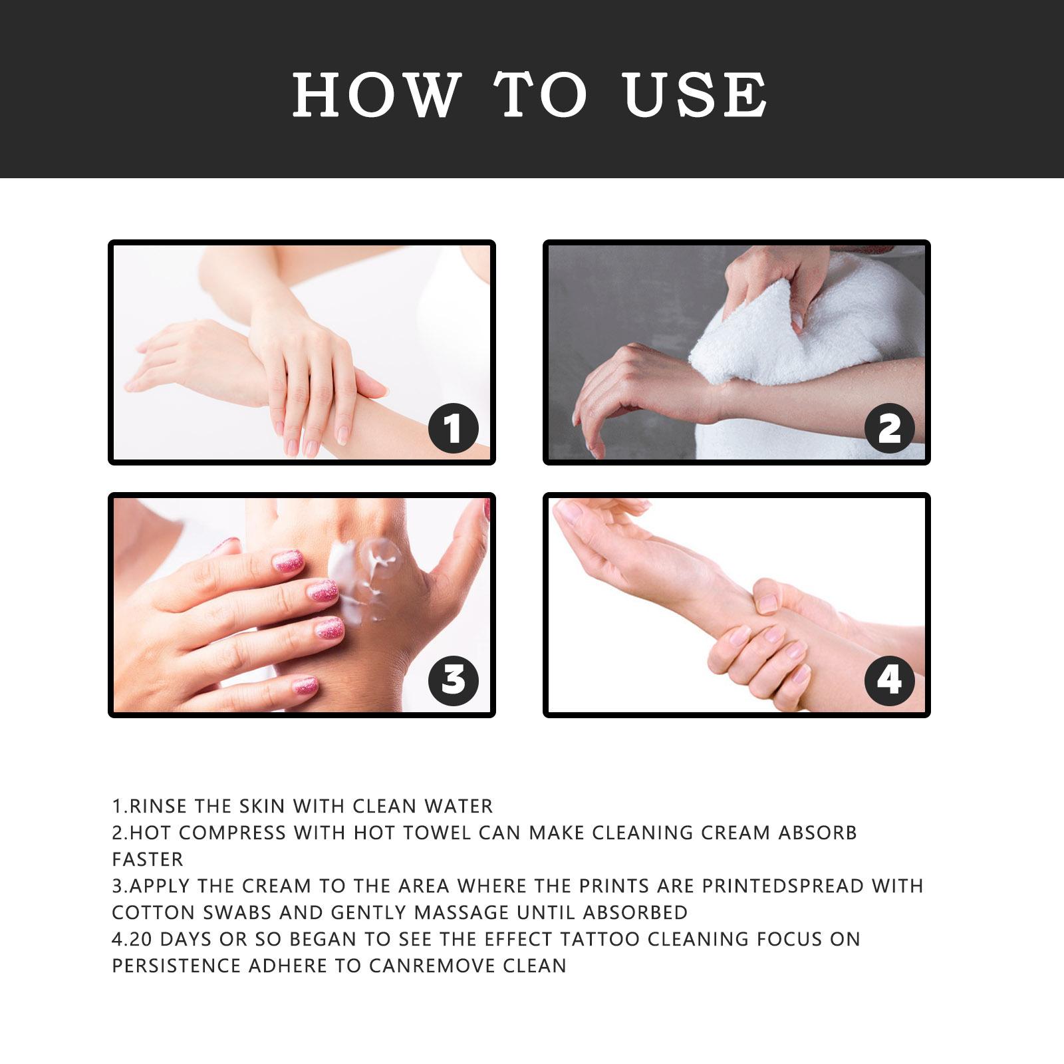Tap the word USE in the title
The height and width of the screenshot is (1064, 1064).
click(x=696, y=94)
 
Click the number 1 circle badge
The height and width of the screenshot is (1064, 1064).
click(x=454, y=428)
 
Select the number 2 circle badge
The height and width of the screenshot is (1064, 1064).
click(x=890, y=428)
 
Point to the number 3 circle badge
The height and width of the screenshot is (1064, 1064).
click(x=454, y=680)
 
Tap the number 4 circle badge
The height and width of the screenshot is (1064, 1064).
click(x=890, y=680)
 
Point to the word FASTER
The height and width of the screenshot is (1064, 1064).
click(x=148, y=859)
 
